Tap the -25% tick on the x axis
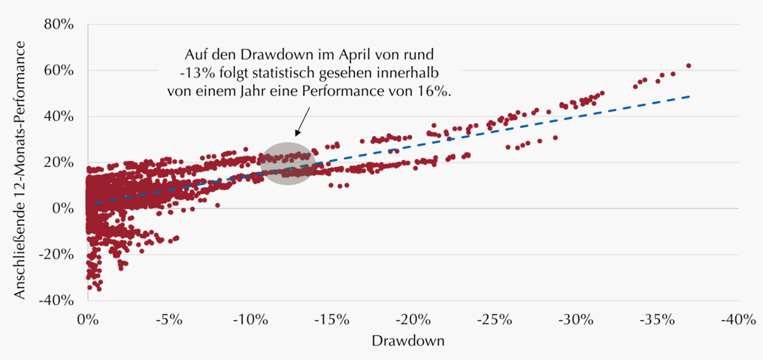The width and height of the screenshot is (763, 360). tap(498, 321)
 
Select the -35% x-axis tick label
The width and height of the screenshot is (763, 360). tap(661, 321)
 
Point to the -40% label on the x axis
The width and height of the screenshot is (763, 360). tap(742, 321)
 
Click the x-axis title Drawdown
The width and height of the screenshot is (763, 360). tap(408, 341)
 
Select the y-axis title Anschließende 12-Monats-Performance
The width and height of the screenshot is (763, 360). tap(20, 169)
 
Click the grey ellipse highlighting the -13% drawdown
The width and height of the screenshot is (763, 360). tap(288, 163)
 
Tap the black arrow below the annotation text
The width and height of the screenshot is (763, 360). tap(302, 122)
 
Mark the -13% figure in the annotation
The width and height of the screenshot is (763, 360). tap(191, 72)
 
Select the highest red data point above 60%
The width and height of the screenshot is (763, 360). tap(689, 65)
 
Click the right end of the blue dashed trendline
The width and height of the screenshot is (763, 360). tap(689, 96)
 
